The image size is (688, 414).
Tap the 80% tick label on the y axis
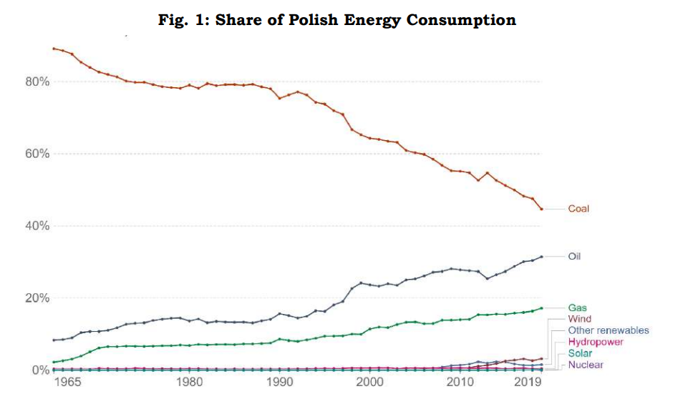click(37, 82)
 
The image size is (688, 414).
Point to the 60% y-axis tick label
click(37, 154)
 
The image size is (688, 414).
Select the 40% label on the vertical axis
click(37, 226)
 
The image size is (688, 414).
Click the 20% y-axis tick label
click(37, 298)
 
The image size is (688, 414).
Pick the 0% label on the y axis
click(40, 370)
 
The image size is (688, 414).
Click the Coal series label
click(578, 209)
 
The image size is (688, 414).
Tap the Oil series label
click(574, 255)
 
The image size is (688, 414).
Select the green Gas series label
click(577, 307)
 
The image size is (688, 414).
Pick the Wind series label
click(579, 319)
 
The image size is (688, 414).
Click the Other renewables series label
click(608, 330)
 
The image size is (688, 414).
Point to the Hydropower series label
click(595, 342)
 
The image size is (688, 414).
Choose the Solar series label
click(579, 353)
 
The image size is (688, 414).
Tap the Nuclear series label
click(585, 365)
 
